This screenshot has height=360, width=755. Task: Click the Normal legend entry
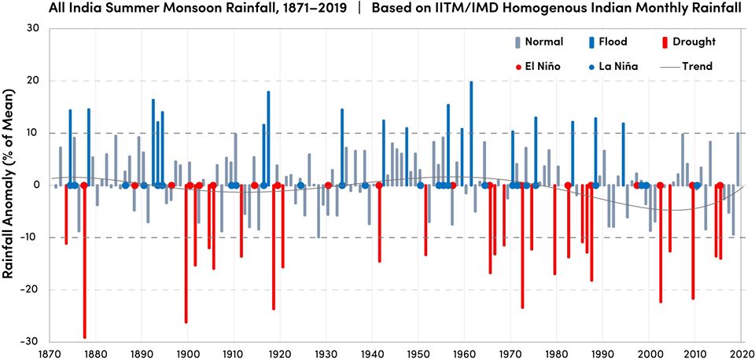click(539, 42)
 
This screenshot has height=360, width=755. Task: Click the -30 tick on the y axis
click(31, 342)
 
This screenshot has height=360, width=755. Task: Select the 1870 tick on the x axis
click(50, 353)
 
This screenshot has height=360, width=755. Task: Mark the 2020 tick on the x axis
click(742, 353)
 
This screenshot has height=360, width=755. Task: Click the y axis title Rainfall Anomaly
click(10, 185)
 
